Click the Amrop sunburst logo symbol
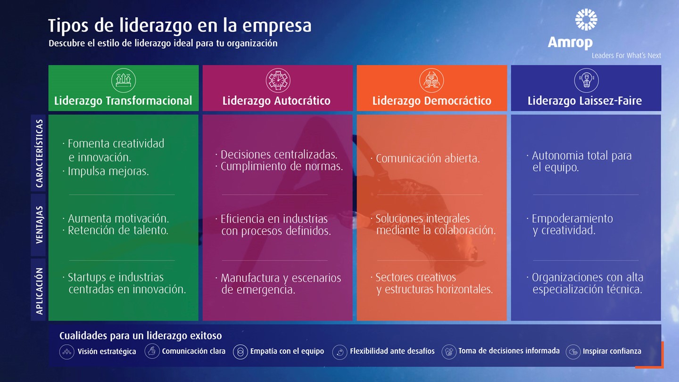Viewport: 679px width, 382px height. (586, 19)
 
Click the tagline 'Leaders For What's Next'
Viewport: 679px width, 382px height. (626, 56)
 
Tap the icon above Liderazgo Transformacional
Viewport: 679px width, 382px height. (124, 80)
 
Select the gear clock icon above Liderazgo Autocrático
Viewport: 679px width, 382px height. (278, 80)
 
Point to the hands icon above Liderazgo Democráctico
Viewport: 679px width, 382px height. (431, 80)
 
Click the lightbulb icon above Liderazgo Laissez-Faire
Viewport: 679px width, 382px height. (586, 80)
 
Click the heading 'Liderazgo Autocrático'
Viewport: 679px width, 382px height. (276, 100)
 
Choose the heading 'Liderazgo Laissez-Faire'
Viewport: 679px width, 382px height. (585, 100)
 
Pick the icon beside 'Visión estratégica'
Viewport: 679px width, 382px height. (66, 352)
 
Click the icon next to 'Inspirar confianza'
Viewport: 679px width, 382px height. (573, 352)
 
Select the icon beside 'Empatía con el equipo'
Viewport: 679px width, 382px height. (240, 352)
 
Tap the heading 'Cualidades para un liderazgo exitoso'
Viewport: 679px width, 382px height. (141, 336)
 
